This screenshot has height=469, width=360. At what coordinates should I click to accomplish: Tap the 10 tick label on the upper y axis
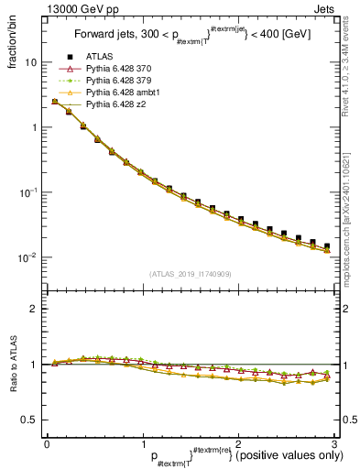30,62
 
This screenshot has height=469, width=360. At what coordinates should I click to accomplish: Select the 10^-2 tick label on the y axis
27,257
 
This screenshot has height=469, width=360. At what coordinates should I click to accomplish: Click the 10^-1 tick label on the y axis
27,192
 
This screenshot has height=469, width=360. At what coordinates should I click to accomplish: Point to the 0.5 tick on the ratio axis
29,420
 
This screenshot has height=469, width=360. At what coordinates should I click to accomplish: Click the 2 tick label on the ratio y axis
34,309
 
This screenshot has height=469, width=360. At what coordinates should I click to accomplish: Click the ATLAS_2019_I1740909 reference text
190,274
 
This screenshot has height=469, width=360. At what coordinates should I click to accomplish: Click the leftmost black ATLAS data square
55,101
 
